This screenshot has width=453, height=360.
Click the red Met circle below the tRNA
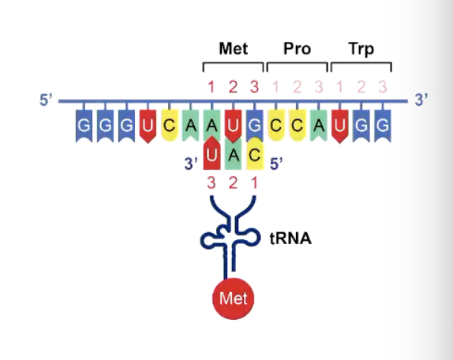click(x=234, y=298)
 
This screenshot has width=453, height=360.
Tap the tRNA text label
click(x=290, y=238)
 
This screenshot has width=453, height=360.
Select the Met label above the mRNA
click(x=234, y=48)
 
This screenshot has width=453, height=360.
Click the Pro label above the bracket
click(x=298, y=48)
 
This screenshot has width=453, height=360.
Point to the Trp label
click(x=361, y=49)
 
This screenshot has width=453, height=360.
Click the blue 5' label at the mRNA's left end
click(x=46, y=100)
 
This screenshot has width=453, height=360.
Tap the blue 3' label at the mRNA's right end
click(x=421, y=100)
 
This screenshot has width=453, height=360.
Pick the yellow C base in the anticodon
click(x=255, y=154)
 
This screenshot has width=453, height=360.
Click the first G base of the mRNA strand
click(x=84, y=126)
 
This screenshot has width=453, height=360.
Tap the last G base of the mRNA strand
click(x=383, y=126)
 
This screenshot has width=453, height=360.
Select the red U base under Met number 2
click(x=233, y=126)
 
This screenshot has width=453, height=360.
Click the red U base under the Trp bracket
click(x=340, y=126)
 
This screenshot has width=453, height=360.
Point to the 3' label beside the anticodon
click(x=191, y=164)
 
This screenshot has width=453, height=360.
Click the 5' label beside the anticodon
click(x=276, y=164)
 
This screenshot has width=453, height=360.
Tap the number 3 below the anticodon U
click(x=212, y=183)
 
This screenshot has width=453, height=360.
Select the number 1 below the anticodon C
click(x=254, y=183)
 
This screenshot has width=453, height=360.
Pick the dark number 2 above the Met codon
click(x=233, y=87)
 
